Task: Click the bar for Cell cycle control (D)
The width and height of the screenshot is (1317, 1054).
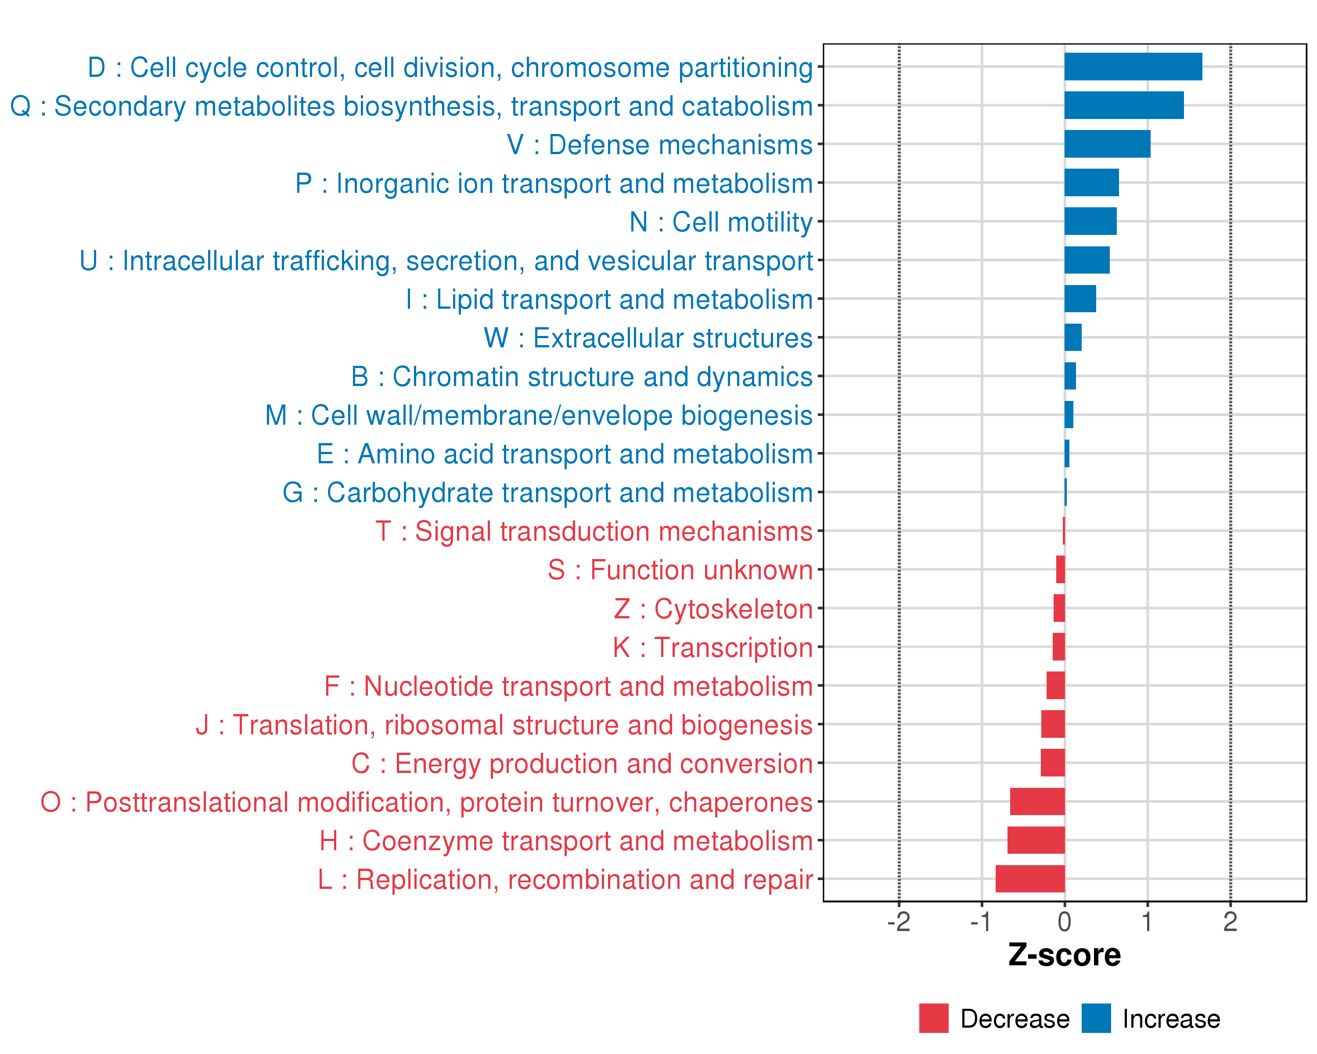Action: point(1133,67)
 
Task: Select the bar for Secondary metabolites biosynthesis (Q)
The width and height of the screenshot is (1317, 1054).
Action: point(1124,105)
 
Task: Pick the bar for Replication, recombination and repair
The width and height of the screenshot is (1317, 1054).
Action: point(1030,879)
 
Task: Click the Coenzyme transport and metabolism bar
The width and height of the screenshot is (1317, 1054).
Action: point(1036,840)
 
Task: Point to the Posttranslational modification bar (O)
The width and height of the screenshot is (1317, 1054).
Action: point(1037,801)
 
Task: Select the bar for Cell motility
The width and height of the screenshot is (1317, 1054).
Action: point(1090,221)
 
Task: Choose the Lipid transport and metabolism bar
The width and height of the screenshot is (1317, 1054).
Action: point(1080,299)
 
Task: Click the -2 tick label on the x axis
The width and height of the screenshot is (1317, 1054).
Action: point(899,922)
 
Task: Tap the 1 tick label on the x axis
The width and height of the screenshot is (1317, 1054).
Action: point(1147,922)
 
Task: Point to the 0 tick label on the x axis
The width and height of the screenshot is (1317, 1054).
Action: point(1065,922)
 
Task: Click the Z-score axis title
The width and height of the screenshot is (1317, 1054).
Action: point(1064,955)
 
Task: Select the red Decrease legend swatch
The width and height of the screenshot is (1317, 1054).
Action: point(933,1018)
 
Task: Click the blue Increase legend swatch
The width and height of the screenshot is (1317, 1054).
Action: point(1096,1018)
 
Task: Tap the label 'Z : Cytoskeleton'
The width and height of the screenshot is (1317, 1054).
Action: point(713,609)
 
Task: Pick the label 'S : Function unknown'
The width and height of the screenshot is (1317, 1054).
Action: point(680,570)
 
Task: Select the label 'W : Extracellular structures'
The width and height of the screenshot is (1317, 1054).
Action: point(648,338)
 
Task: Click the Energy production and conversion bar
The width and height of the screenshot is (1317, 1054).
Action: point(1052,762)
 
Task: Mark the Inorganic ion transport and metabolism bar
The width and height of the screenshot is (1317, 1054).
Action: point(1092,183)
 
